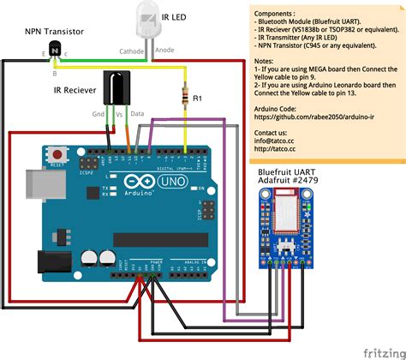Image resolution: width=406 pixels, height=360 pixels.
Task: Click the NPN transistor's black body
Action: coord(56,51)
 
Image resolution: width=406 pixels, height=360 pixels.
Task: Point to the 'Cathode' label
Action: coord(131,51)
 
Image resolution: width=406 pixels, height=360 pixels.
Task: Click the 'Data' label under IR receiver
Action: coord(138,113)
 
